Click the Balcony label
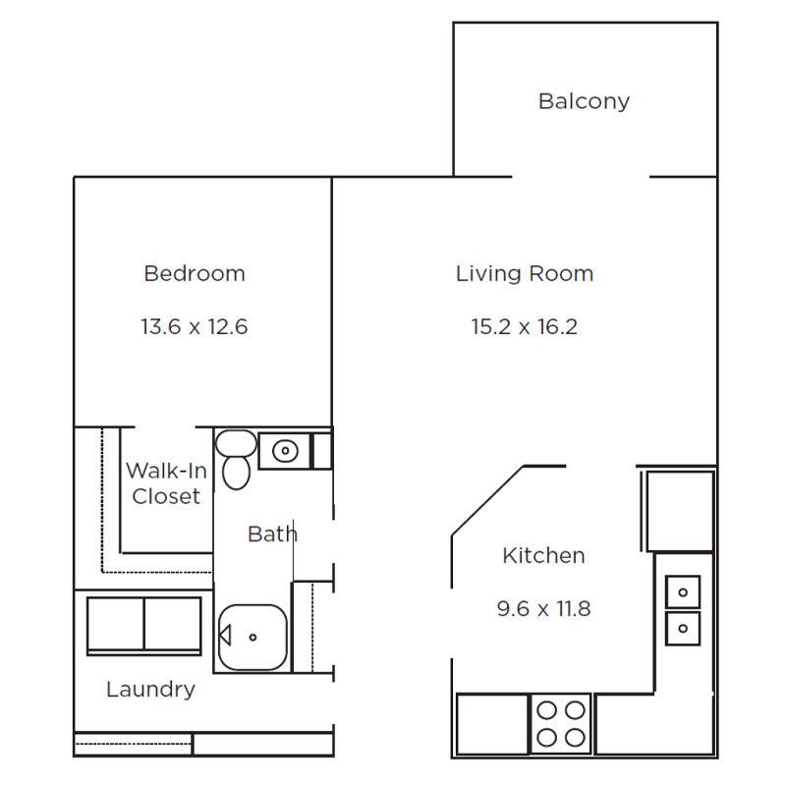[x=584, y=102]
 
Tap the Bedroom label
[x=195, y=274]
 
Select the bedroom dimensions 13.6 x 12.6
[x=195, y=327]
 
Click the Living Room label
[x=525, y=274]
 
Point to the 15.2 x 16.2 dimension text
[x=525, y=327]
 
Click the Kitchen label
[x=544, y=555]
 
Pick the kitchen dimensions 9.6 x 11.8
[x=544, y=608]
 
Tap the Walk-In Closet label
[x=166, y=483]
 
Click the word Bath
[x=273, y=533]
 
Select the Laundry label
[x=151, y=690]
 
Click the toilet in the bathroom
[x=236, y=459]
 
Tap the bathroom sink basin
[x=285, y=451]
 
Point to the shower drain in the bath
[x=253, y=637]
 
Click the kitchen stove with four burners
[x=561, y=724]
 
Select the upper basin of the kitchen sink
[x=683, y=592]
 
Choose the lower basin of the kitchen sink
[x=683, y=628]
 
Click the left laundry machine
[x=116, y=624]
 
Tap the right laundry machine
[x=173, y=624]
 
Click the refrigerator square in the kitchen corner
[x=680, y=511]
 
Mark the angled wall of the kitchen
[x=487, y=501]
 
